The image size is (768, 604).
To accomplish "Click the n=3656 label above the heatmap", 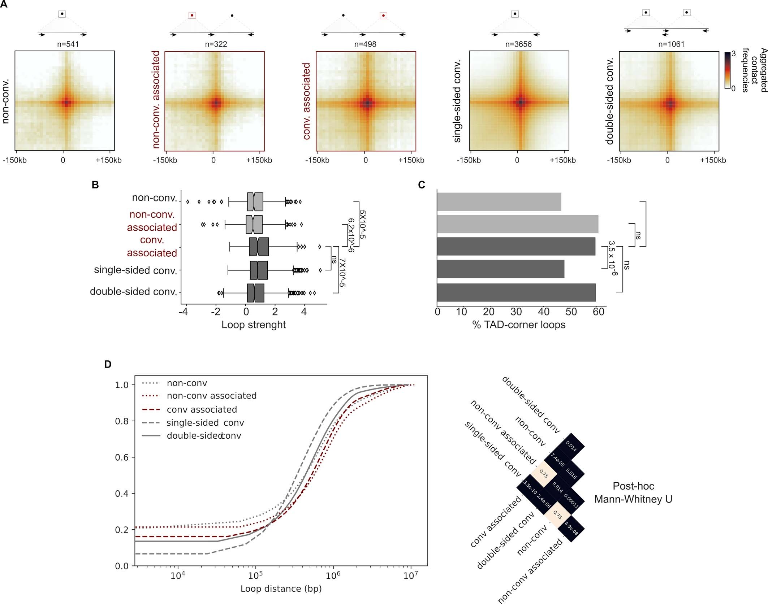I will click(518, 44).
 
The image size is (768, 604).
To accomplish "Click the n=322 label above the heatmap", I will click(216, 44).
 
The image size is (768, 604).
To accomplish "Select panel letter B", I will click(95, 185).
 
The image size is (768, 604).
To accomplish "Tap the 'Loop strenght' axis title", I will click(253, 325).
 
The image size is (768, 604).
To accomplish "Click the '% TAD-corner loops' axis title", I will click(519, 325).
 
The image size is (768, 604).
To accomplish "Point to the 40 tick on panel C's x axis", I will click(543, 312).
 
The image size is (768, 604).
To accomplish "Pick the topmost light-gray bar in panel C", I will click(499, 202).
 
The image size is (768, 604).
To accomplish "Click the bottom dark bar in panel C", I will click(516, 292).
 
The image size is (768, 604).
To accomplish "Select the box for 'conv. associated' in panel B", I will click(259, 247).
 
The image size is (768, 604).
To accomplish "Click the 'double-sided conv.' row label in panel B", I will click(133, 291).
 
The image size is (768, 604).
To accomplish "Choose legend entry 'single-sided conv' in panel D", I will click(205, 423).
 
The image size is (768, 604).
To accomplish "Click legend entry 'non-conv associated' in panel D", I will click(211, 396).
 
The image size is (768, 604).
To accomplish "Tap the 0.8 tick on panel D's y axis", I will click(122, 421).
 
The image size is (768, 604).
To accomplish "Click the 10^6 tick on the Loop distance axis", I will click(333, 575).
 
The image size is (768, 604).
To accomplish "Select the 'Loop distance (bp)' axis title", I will click(281, 588).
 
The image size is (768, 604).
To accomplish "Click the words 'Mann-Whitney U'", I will click(633, 499).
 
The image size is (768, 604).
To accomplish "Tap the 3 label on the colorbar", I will click(733, 54).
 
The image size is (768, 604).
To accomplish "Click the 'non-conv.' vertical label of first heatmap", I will click(5, 101).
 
